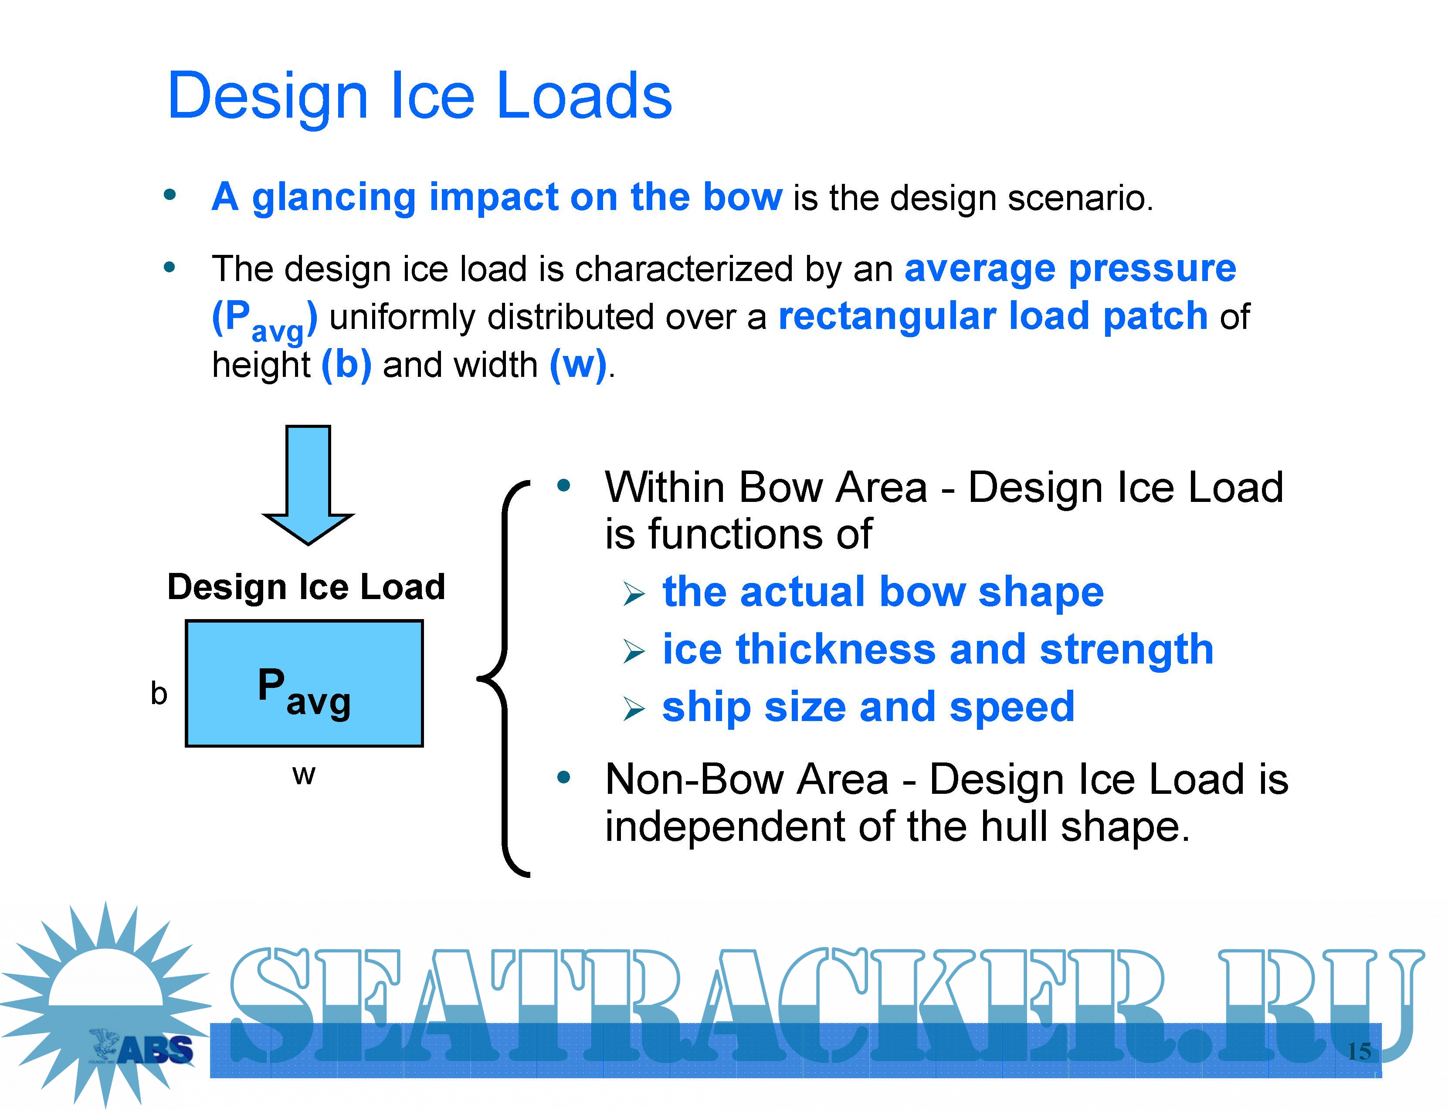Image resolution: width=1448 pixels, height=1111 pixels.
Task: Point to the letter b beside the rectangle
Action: [x=159, y=693]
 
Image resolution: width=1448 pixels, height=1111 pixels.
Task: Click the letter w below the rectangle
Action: [x=304, y=774]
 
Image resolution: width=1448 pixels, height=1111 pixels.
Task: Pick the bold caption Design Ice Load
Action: [x=306, y=586]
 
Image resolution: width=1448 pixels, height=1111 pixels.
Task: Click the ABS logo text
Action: [x=156, y=1050]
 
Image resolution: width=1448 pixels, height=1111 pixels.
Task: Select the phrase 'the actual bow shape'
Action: [x=883, y=591]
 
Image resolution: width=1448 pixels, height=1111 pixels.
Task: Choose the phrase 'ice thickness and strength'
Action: [x=938, y=650]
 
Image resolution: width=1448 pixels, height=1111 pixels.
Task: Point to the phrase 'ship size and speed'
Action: [x=868, y=707]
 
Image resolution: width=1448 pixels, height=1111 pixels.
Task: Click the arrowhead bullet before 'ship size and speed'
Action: [x=633, y=710]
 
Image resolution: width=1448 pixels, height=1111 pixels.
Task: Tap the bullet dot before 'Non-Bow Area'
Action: [x=563, y=778]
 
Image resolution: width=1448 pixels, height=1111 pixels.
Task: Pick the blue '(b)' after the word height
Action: [x=346, y=364]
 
